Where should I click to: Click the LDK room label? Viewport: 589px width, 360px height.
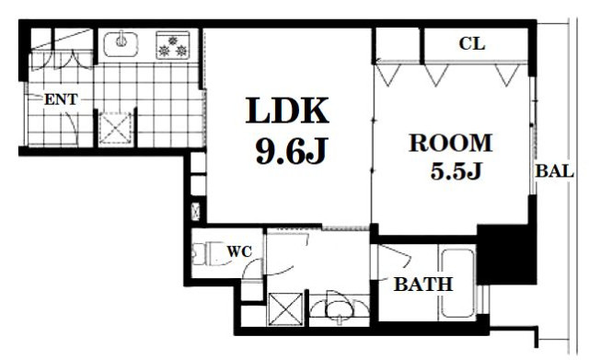tap(287, 110)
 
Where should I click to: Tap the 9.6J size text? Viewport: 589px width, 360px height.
tap(291, 151)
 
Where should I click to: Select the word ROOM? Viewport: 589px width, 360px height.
tap(450, 143)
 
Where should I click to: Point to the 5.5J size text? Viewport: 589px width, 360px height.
tap(456, 171)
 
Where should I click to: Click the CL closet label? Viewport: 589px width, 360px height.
tap(472, 43)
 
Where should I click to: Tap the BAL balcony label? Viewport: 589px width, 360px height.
tap(554, 171)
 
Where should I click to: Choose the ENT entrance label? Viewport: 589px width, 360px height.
tap(61, 99)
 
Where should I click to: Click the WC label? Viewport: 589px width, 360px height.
tap(239, 251)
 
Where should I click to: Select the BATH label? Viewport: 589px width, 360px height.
tap(423, 285)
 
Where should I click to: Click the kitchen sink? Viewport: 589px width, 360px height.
tap(121, 44)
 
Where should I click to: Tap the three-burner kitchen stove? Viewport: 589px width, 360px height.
tap(173, 45)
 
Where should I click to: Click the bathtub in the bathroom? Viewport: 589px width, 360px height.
tap(457, 283)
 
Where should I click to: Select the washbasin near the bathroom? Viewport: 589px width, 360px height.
tap(340, 307)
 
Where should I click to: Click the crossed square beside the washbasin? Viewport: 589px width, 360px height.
tap(286, 309)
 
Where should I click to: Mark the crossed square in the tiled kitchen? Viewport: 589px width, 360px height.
tap(115, 128)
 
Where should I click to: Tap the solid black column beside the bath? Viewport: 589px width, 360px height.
tap(507, 254)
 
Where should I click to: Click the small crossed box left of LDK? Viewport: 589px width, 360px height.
tap(196, 212)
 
